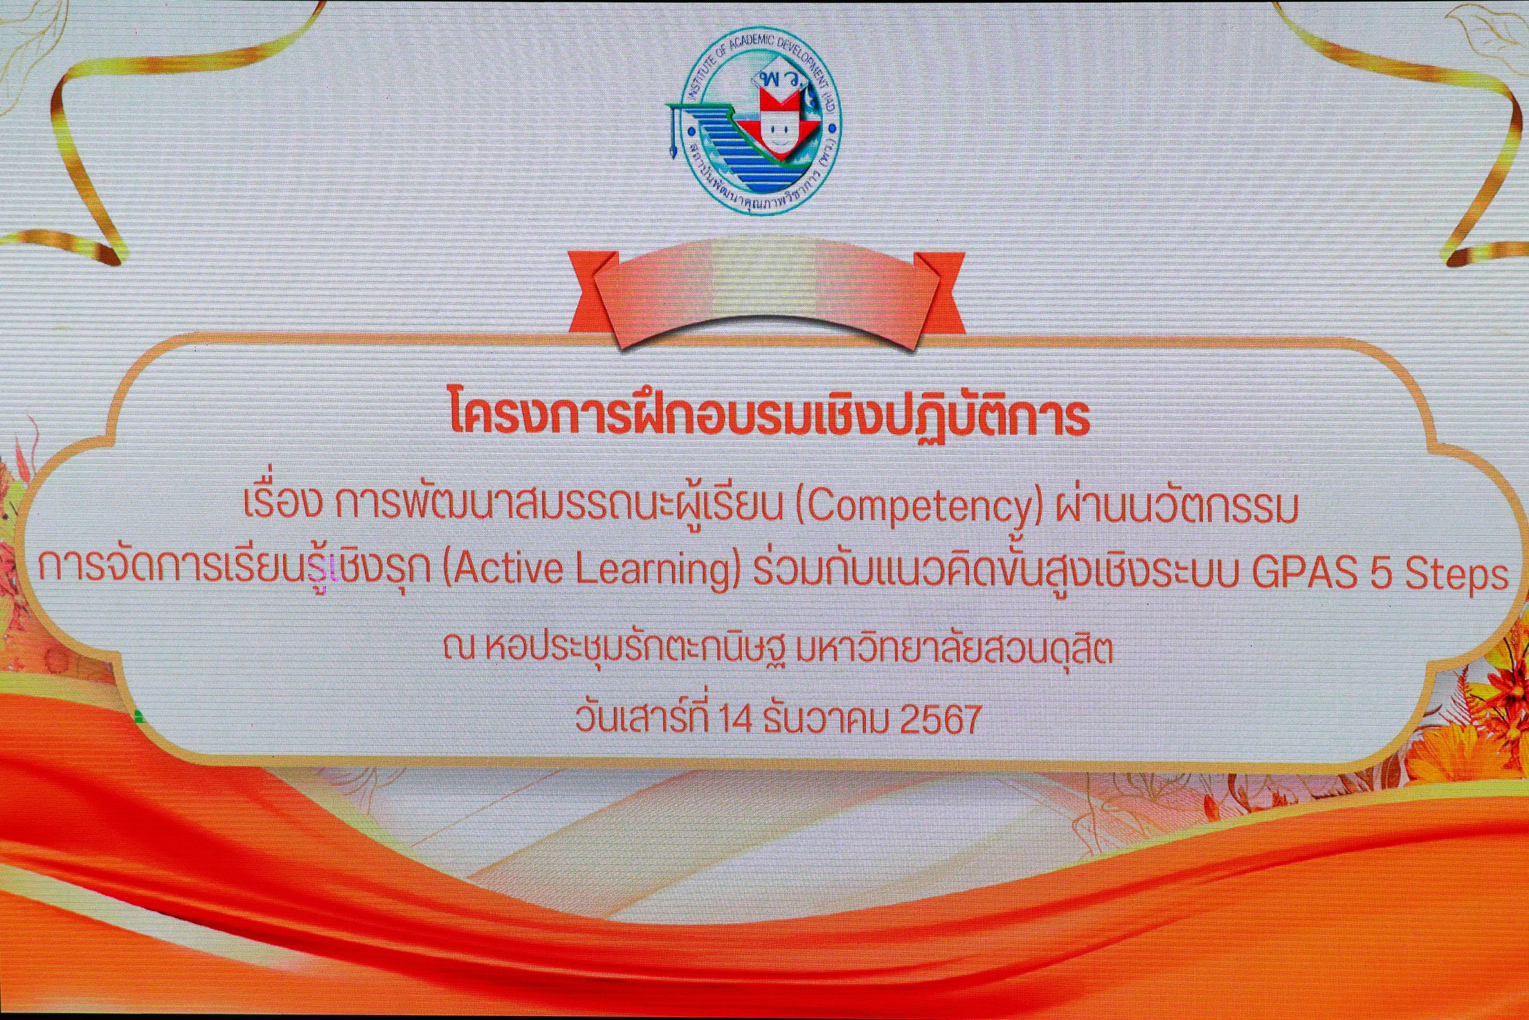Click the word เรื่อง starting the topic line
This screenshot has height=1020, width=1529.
(282, 504)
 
